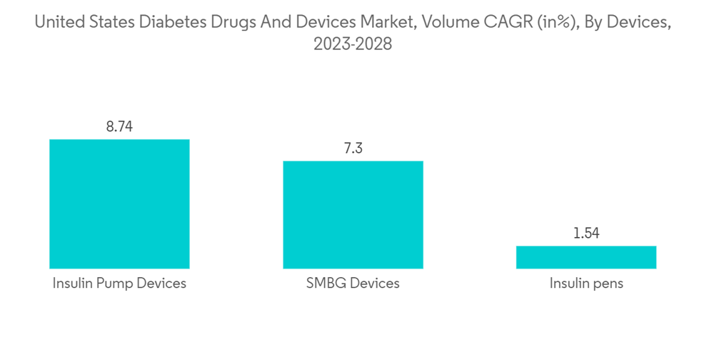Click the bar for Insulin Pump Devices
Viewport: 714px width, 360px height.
pos(119,204)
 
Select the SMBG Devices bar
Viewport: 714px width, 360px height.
pos(353,214)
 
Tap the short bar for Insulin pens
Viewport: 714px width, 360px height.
pos(586,257)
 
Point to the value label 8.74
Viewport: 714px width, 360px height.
pos(119,127)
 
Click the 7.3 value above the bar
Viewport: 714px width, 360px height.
pos(353,149)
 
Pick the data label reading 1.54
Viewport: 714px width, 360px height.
pos(586,234)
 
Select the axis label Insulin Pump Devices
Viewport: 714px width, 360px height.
pos(119,284)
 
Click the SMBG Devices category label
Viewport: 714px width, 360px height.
pos(353,284)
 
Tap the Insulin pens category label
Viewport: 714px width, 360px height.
pos(586,284)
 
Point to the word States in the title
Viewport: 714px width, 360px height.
pos(112,23)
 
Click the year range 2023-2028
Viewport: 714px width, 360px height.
pos(353,44)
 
